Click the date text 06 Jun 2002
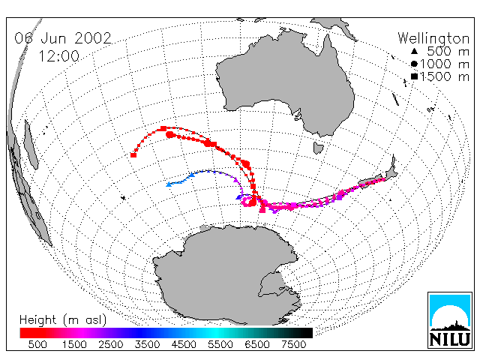(x=63, y=38)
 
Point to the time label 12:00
(x=58, y=56)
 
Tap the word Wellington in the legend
(x=433, y=39)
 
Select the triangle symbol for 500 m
(x=414, y=51)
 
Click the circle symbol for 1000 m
(x=414, y=64)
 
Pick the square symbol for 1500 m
(x=414, y=76)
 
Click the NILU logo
(x=450, y=320)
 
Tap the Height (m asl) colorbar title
(x=63, y=320)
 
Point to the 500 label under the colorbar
(x=37, y=344)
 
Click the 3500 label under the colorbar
(x=147, y=344)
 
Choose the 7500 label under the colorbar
(x=293, y=344)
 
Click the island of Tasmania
(x=318, y=148)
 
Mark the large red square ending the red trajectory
(x=133, y=155)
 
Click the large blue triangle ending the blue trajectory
(x=169, y=184)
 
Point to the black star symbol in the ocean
(x=123, y=198)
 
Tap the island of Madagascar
(x=31, y=145)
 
